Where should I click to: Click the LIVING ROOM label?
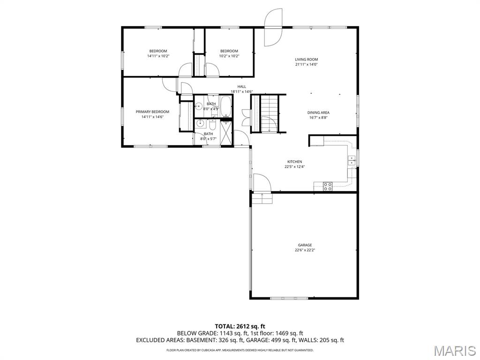[307, 60]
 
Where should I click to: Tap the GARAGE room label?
[305, 245]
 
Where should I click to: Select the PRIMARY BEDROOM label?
[152, 112]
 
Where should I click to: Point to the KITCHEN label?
[294, 162]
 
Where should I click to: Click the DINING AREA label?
[318, 112]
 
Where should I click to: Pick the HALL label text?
[241, 87]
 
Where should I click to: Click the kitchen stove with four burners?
[328, 187]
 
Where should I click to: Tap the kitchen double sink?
[352, 160]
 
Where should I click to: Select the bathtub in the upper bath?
[226, 106]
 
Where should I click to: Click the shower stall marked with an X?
[227, 133]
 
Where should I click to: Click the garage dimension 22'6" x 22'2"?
[305, 250]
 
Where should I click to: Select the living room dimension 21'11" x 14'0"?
[307, 64]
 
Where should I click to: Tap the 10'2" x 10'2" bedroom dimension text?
[229, 56]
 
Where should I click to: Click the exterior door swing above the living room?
[273, 27]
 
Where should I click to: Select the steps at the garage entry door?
[262, 198]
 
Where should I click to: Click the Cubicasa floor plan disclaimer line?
[240, 350]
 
